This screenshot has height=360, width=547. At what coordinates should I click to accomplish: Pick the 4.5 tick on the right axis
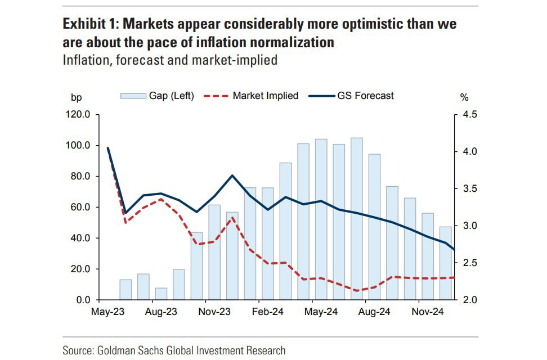click(x=469, y=115)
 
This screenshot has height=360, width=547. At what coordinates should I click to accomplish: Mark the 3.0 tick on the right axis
click(x=469, y=226)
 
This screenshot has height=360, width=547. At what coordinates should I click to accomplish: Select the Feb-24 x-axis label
click(x=267, y=311)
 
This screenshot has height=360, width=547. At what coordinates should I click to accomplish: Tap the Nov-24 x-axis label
click(x=428, y=311)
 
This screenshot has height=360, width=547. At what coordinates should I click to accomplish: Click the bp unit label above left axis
click(x=75, y=97)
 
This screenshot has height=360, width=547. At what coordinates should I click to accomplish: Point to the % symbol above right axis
click(x=464, y=97)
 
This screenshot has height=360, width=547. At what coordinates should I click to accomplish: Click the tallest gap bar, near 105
click(x=356, y=219)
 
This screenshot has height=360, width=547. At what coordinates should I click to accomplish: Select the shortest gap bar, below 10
click(x=161, y=294)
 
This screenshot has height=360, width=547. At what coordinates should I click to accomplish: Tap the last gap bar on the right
click(x=446, y=263)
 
